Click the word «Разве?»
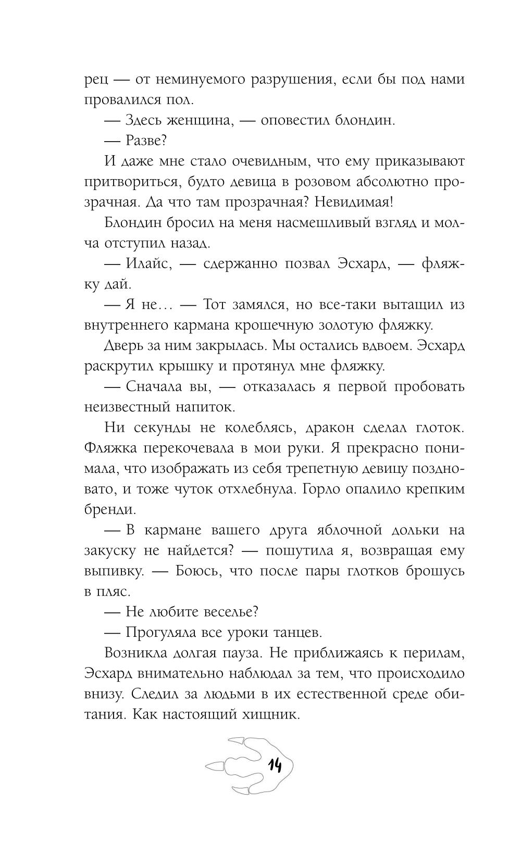tap(146, 141)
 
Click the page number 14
tap(274, 765)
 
